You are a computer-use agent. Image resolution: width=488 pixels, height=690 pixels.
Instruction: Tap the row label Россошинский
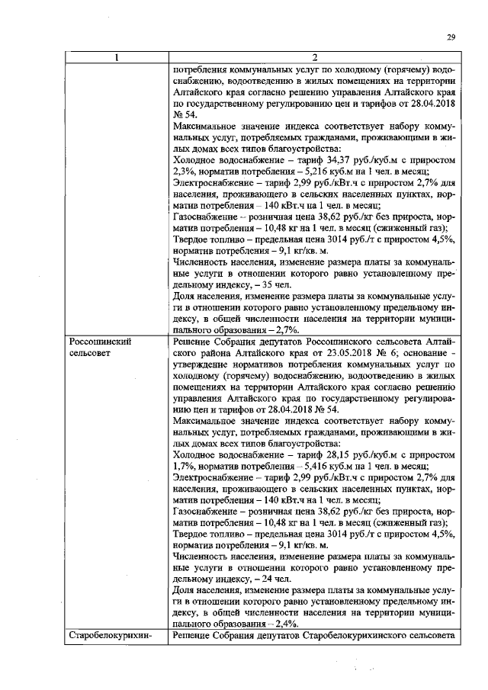coord(100,342)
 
